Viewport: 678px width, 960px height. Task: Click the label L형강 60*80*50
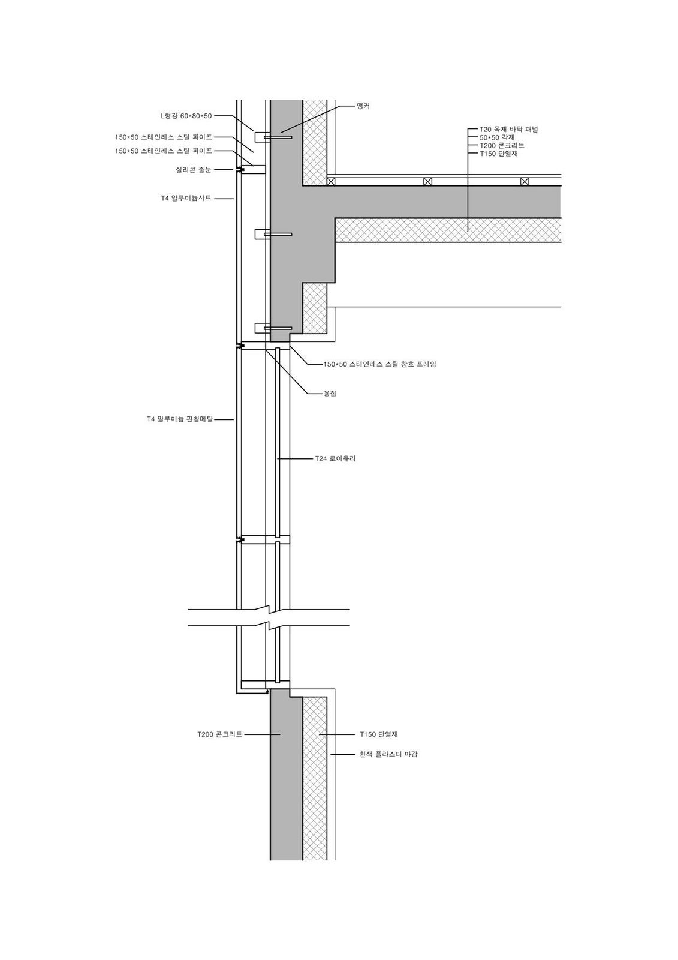pyautogui.click(x=186, y=116)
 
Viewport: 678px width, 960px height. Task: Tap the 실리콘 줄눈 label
pyautogui.click(x=194, y=170)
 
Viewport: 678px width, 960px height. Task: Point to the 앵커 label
pyautogui.click(x=363, y=106)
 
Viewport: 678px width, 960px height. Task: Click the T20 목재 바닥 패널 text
pyautogui.click(x=508, y=129)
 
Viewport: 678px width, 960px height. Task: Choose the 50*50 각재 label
pyautogui.click(x=497, y=137)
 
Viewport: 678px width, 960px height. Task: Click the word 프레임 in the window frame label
pyautogui.click(x=426, y=364)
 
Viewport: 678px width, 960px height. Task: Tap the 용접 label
pyautogui.click(x=330, y=393)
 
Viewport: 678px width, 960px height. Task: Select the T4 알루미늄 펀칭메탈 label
pyautogui.click(x=180, y=419)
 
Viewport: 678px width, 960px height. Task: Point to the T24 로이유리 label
pyautogui.click(x=335, y=458)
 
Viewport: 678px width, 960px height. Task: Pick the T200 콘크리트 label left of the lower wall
pyautogui.click(x=220, y=734)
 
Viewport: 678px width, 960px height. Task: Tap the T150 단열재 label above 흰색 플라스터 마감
pyautogui.click(x=379, y=734)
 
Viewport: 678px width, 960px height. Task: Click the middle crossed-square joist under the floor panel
pyautogui.click(x=427, y=181)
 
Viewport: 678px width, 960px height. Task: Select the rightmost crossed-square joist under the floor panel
pyautogui.click(x=525, y=181)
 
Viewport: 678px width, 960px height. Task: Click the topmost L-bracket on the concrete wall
pyautogui.click(x=262, y=137)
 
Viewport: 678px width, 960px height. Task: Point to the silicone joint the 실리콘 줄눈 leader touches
pyautogui.click(x=239, y=170)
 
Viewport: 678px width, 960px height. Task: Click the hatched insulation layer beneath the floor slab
pyautogui.click(x=448, y=231)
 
